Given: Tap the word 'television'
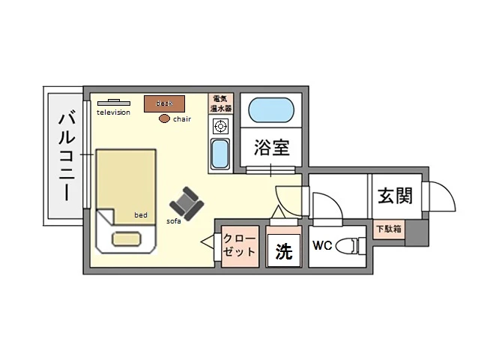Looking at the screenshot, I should [x=113, y=112].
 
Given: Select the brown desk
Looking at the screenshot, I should [x=164, y=103].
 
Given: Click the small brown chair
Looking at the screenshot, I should [x=164, y=118].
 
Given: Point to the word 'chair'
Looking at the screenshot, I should [x=183, y=118].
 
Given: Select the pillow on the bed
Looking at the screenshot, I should [x=127, y=239].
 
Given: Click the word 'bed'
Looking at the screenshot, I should [x=140, y=214].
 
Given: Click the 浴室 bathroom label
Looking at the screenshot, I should [x=272, y=147].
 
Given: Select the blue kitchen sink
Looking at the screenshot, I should [x=220, y=154].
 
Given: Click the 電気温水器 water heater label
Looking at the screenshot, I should [x=222, y=103].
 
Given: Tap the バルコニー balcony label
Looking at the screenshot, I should [x=66, y=155].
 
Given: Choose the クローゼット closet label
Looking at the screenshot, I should [x=239, y=245].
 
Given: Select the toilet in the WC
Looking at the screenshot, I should [x=348, y=246].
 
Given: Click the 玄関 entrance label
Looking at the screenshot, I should [x=394, y=196].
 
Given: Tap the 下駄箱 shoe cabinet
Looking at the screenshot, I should [x=390, y=229].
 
